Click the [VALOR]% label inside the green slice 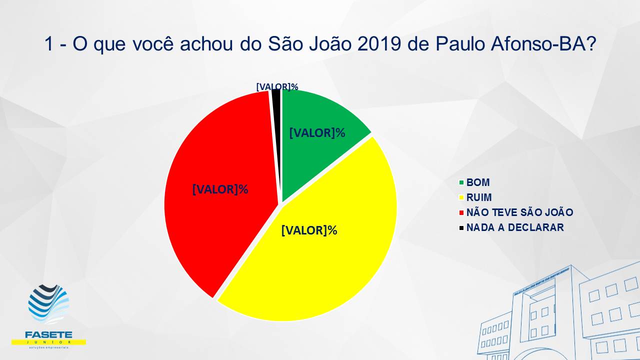coord(317,133)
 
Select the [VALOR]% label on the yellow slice coord(309,230)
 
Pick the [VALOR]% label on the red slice coord(220,189)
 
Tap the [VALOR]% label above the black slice coord(277,86)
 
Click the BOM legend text coord(478,182)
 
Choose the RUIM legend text coord(479,197)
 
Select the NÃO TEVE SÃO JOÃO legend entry coord(519,212)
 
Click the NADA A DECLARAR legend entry coord(515,227)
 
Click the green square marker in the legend coord(461,183)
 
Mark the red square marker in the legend coord(461,213)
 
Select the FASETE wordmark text coord(48,334)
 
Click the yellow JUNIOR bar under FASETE coord(48,342)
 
